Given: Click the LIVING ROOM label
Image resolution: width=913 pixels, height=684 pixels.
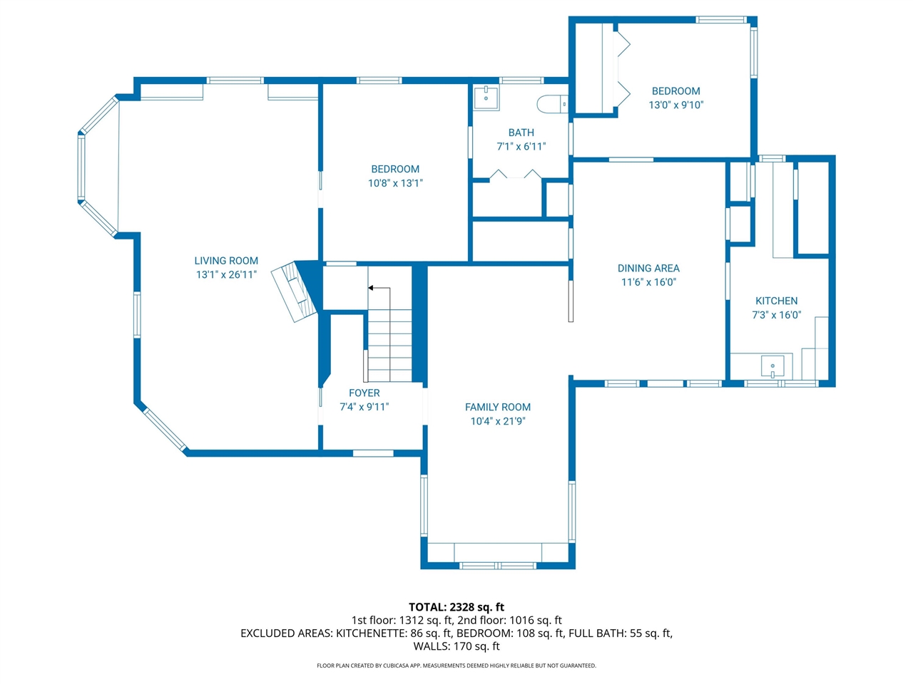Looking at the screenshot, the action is point(226,260).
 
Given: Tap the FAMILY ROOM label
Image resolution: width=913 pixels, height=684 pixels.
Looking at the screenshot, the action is point(497,407).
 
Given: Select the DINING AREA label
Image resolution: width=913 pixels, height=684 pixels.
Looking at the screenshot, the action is point(648,269).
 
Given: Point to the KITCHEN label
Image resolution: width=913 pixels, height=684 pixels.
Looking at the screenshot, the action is point(776,301).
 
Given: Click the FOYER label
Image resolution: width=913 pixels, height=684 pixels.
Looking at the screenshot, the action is point(364,393).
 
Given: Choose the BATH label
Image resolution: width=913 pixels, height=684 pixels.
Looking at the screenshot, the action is point(521,133).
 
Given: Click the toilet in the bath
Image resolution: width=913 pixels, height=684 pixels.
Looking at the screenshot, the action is point(552,104).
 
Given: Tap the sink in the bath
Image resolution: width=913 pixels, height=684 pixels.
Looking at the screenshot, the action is point(486,98).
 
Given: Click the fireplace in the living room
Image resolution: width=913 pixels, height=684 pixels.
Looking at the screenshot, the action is point(296,292).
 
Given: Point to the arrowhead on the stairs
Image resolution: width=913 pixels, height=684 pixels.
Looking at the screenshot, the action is point(371,288).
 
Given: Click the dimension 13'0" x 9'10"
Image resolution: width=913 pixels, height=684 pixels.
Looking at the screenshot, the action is point(676,105).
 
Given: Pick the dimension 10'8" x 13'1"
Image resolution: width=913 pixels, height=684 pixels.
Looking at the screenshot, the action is point(395,183).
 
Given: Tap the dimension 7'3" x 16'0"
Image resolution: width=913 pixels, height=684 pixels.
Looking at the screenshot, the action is point(776,315).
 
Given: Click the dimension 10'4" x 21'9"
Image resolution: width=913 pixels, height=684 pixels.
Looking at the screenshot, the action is point(497,421).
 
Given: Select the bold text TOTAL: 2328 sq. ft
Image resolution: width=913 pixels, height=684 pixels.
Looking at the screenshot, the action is point(456,607).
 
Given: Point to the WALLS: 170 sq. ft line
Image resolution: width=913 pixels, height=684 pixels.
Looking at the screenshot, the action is point(456,646).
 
